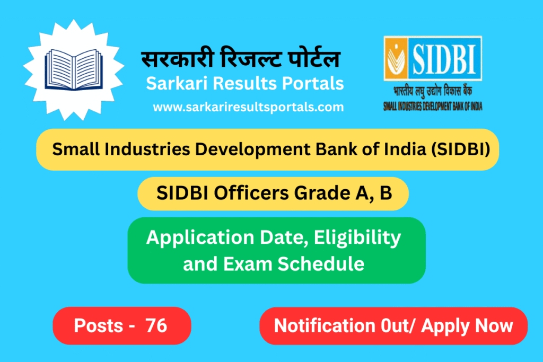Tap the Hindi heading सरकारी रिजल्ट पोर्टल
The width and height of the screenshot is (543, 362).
(240, 59)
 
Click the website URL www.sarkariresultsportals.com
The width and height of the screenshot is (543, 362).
(248, 107)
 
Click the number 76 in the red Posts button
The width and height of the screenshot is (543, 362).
(156, 325)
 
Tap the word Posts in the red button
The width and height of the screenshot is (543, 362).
(98, 325)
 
